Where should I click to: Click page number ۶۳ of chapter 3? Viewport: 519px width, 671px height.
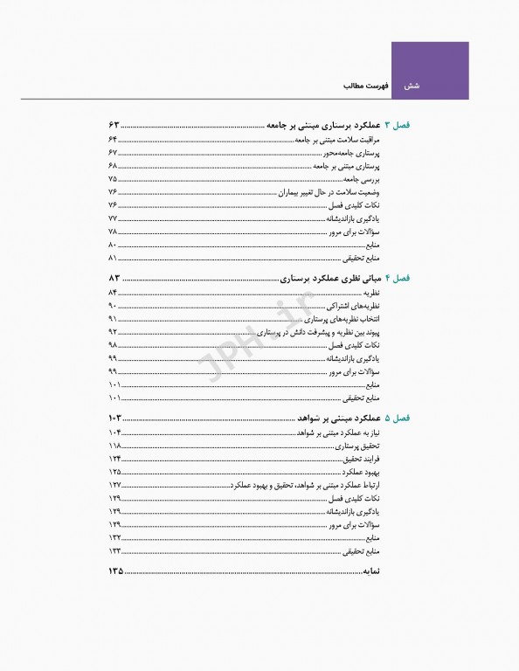point(114,126)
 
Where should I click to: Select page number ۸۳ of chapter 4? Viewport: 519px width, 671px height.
point(114,278)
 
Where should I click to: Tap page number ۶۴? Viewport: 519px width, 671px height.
point(113,140)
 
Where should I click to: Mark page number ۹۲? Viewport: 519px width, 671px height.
point(113,333)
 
